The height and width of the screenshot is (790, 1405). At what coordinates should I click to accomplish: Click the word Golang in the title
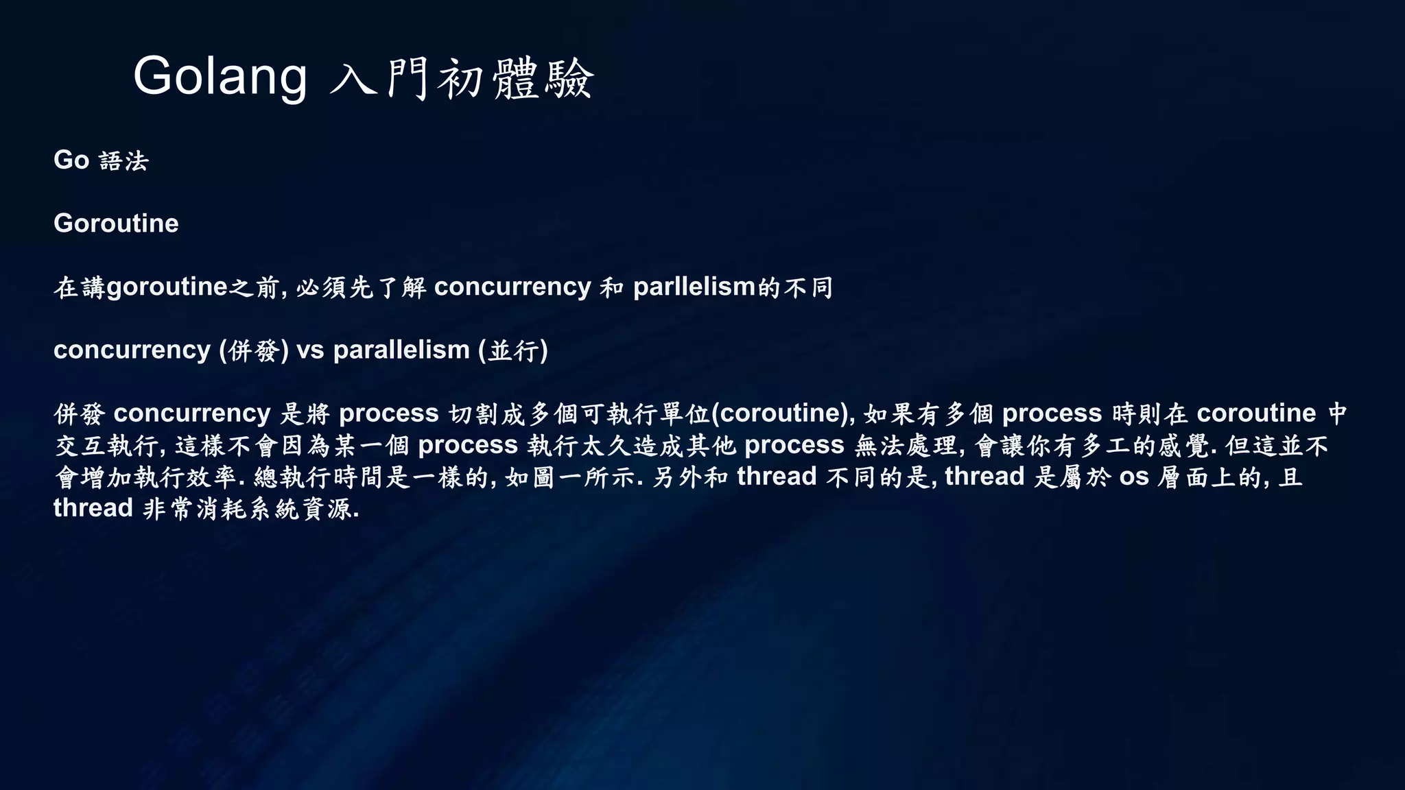(220, 77)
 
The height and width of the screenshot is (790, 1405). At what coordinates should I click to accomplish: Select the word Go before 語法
(71, 160)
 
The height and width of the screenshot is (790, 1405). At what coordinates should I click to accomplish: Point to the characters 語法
(123, 161)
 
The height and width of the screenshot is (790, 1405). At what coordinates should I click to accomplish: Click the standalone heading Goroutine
(116, 224)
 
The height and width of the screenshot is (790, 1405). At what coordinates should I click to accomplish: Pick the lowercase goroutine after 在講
(167, 287)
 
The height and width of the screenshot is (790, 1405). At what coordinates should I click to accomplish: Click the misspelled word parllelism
(694, 287)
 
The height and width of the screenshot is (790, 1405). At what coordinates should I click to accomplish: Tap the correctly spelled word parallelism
(401, 350)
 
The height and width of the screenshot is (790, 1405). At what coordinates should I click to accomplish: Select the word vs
(310, 350)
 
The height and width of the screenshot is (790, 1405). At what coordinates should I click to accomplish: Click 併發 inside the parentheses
(254, 351)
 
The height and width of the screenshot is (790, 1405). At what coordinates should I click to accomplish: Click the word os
(1134, 477)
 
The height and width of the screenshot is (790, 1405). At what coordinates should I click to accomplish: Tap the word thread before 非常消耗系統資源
(93, 508)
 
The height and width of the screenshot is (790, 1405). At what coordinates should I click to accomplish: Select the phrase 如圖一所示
(570, 477)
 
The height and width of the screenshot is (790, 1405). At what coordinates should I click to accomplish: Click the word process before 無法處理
(794, 445)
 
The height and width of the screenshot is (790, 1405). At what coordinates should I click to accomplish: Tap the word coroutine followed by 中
(1256, 414)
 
